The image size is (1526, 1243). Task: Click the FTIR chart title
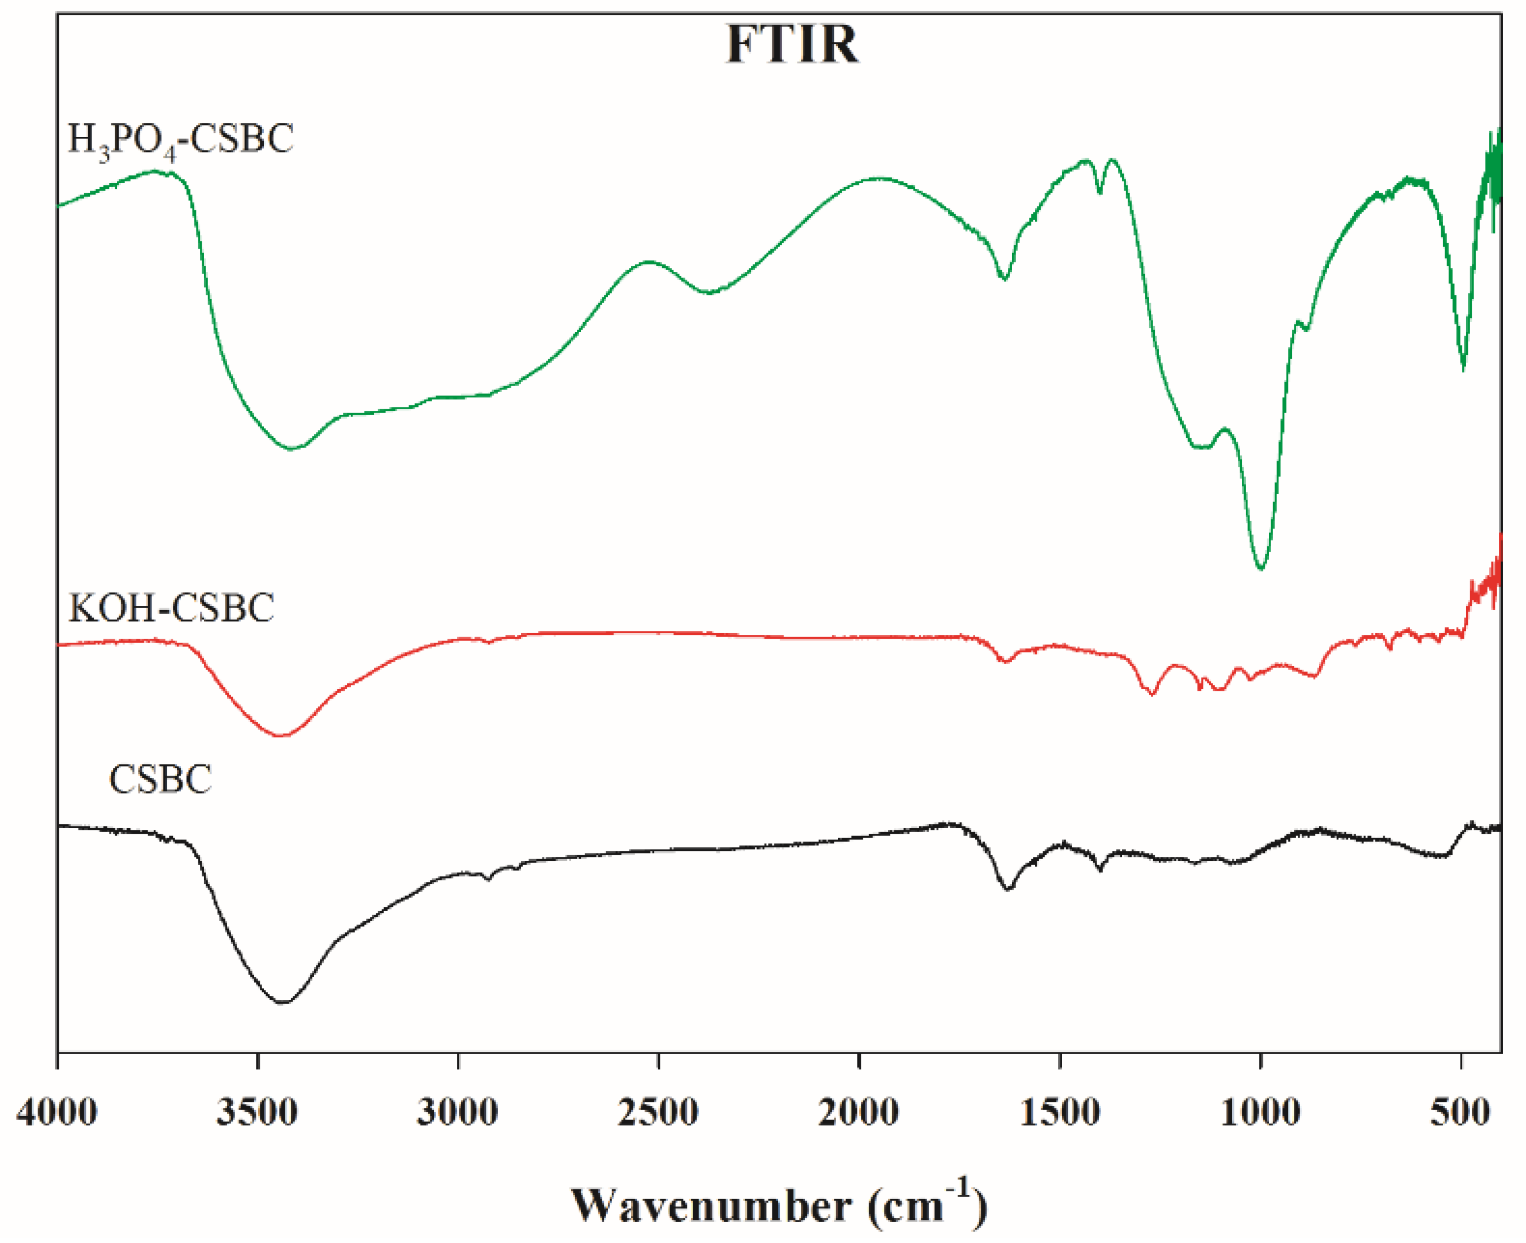coord(792,45)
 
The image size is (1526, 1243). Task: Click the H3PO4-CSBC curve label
coord(180,140)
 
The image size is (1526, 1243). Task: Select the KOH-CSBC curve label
coord(171,609)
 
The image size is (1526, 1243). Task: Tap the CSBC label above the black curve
coord(160,779)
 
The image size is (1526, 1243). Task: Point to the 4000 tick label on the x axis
coord(57,1112)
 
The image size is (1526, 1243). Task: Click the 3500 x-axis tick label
coord(258,1112)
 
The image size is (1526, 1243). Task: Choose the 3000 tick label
coord(458,1112)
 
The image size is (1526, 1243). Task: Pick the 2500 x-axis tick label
coord(659,1112)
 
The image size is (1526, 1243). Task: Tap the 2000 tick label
coord(859,1112)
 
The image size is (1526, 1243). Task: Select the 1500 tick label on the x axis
coord(1060,1112)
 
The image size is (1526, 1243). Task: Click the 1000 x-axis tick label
coord(1260,1112)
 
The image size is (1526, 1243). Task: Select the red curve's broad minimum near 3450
coord(281,735)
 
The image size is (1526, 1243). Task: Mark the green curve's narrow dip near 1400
coord(1100,192)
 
